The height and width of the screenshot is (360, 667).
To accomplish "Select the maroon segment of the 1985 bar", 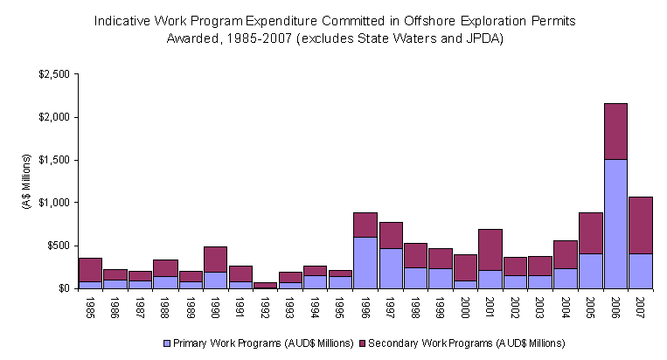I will click(x=90, y=270).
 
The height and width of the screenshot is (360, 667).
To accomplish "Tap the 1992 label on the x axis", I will click(x=266, y=307).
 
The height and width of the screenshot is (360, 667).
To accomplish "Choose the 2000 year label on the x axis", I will click(x=466, y=307).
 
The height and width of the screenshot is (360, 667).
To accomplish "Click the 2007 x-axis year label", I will click(x=641, y=307).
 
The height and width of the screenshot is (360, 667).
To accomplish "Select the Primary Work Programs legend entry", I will click(x=250, y=342).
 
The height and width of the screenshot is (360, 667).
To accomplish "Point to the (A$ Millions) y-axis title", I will click(x=27, y=181).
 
